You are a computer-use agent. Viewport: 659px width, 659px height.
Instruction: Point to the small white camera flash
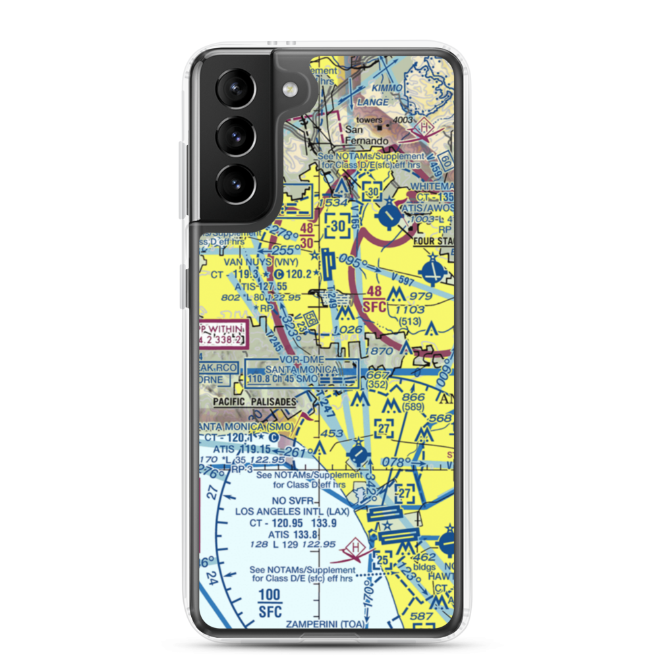[x=289, y=90]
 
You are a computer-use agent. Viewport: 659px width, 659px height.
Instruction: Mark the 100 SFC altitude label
[x=270, y=601]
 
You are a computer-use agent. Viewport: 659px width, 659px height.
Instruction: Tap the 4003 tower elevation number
[x=401, y=120]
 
